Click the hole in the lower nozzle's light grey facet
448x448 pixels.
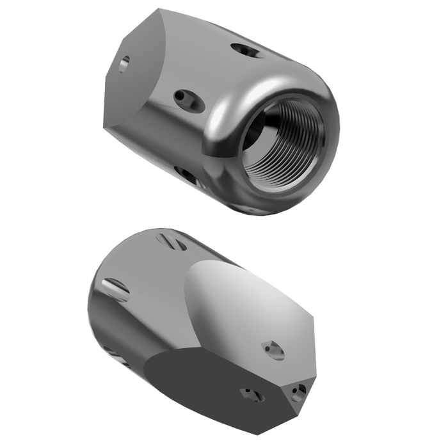270,348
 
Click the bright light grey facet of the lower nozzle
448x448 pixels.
237,301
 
